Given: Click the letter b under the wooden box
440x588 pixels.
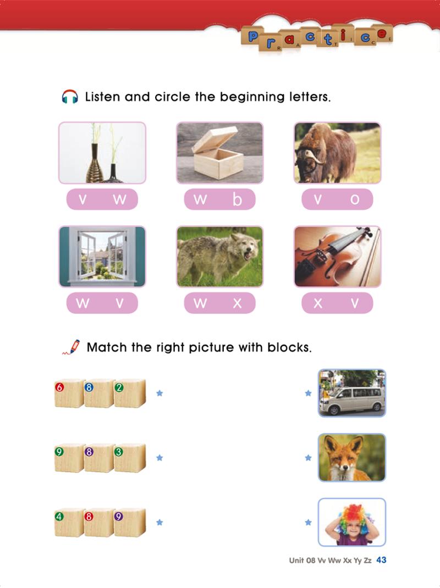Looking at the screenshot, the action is pos(237,199).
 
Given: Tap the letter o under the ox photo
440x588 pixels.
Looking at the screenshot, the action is pos(354,199).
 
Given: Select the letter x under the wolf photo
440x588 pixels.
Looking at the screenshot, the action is pos(237,303).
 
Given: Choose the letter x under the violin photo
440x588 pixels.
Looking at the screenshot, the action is pos(317,303).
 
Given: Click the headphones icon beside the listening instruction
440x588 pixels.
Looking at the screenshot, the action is pos(70,97).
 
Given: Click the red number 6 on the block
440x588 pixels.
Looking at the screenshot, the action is pos(59,387).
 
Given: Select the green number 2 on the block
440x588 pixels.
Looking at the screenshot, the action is pos(119,387).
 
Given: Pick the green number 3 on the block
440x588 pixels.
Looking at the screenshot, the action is pos(119,452).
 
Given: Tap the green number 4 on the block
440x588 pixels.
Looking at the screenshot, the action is pos(59,517).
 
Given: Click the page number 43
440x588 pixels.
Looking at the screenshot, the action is pos(381,560).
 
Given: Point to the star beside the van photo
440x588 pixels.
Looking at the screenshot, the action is pos(308,393).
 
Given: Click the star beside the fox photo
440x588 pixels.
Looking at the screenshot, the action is pos(308,458).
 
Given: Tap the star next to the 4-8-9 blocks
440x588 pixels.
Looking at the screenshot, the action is pos(159,522).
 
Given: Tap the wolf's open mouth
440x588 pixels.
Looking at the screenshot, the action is pos(248,256).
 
